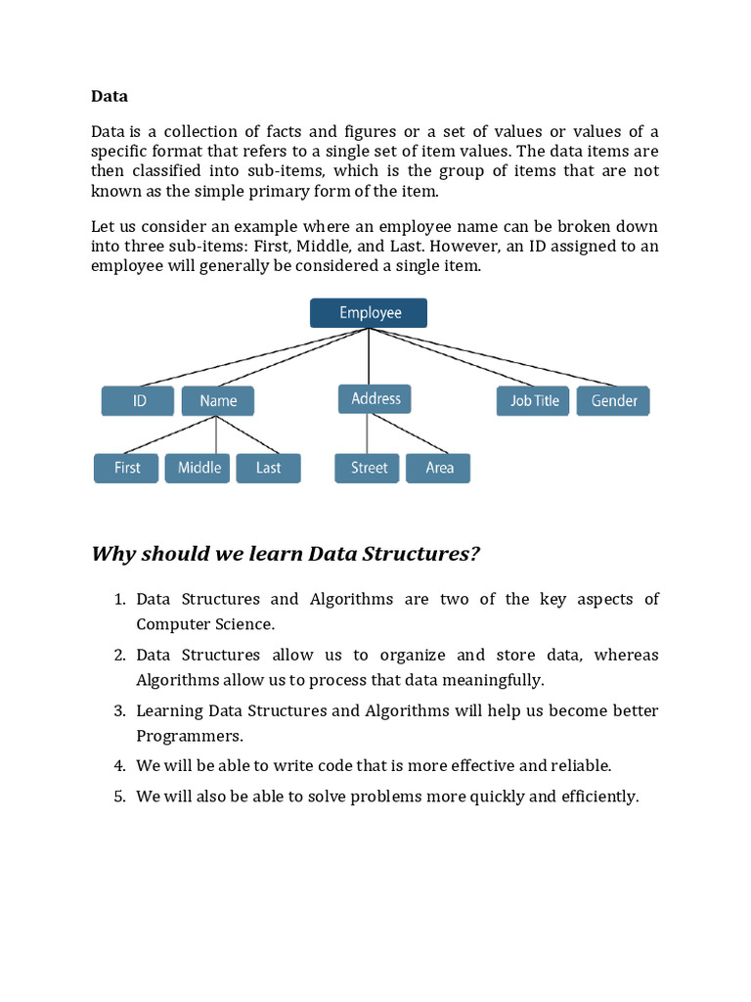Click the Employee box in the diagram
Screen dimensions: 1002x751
[x=369, y=313]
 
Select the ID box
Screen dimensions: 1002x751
[x=138, y=401]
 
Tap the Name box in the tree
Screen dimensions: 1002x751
[x=218, y=401]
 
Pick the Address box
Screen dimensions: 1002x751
[x=375, y=399]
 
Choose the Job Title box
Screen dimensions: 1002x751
[x=534, y=401]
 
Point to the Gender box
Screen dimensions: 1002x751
[x=613, y=401]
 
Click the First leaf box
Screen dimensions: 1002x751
[x=126, y=468]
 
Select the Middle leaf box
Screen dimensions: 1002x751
[x=199, y=468]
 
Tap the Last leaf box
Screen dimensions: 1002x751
[x=268, y=468]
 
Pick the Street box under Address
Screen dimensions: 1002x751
[x=369, y=468]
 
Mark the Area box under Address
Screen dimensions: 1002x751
[x=439, y=468]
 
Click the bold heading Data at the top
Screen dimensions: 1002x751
[x=110, y=96]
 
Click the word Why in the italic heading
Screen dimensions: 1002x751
[x=114, y=555]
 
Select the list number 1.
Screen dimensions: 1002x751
[x=118, y=600]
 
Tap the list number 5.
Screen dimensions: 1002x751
[x=118, y=797]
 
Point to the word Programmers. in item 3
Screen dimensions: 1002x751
[x=190, y=735]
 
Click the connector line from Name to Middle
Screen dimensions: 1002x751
[x=215, y=434]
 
